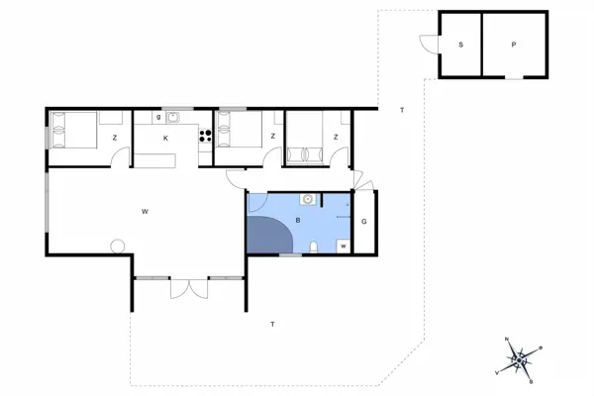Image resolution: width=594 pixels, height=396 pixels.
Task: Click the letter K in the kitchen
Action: (x=166, y=138)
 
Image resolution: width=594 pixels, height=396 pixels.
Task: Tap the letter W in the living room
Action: (x=145, y=211)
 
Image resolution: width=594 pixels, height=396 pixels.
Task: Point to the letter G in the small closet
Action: (x=363, y=221)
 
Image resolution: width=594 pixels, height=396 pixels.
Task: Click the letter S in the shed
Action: (x=460, y=46)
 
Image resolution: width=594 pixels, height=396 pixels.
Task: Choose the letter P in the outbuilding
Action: (x=514, y=46)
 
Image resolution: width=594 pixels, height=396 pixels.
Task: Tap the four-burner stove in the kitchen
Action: (x=207, y=138)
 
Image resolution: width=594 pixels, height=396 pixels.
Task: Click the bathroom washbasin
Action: (x=309, y=199)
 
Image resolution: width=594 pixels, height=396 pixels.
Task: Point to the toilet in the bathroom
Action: (x=314, y=247)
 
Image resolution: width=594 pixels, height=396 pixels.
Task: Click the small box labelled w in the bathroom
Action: (x=344, y=246)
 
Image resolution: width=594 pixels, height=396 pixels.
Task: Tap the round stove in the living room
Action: (x=118, y=246)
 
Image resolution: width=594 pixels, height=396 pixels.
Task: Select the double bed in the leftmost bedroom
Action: (x=73, y=129)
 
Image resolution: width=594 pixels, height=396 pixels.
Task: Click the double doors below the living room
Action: (x=187, y=288)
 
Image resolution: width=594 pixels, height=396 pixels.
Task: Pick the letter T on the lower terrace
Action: (x=272, y=324)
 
